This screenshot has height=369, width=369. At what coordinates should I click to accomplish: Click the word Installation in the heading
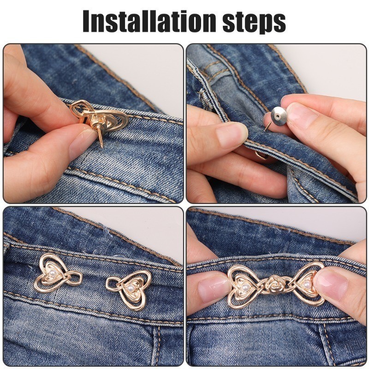tap(149, 21)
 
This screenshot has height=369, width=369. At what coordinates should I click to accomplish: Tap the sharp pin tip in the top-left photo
tap(101, 147)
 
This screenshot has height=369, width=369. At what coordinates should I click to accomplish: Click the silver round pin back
tap(279, 116)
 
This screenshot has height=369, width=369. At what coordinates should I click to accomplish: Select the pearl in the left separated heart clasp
tap(53, 273)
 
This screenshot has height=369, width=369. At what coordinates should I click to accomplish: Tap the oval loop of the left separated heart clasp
tap(75, 279)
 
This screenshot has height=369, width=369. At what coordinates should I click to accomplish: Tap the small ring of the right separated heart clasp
tap(113, 284)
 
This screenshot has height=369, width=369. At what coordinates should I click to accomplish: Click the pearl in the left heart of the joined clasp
tap(245, 286)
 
